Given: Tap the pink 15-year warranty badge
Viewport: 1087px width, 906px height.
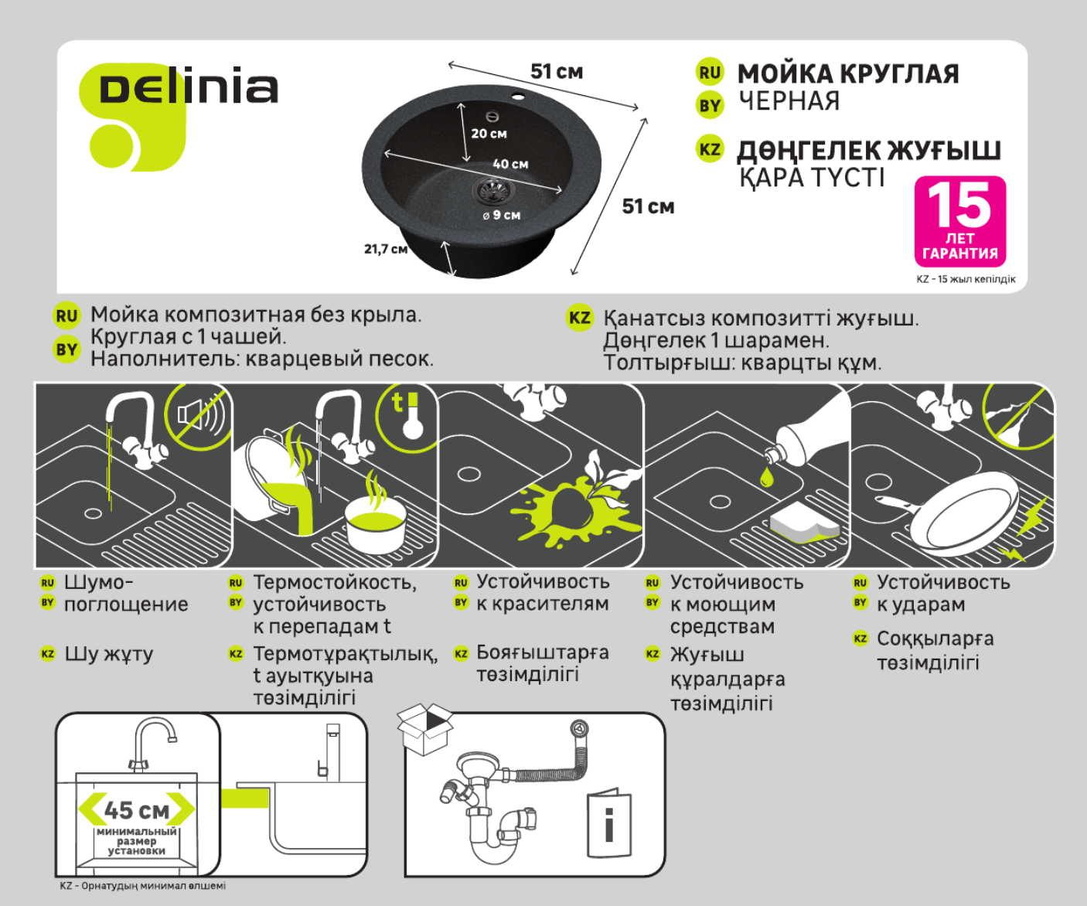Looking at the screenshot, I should coord(959,221).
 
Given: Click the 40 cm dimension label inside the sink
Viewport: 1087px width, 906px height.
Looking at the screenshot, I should coord(510,164).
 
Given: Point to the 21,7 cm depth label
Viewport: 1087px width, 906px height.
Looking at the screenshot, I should coord(385,249).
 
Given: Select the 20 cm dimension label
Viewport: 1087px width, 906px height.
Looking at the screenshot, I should coord(489,133).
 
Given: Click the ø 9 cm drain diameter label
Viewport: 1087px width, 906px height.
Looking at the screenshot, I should coord(502,215).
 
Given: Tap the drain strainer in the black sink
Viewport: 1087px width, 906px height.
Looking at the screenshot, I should coord(490,188).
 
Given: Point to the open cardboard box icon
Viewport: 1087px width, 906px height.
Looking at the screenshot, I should coord(424,727).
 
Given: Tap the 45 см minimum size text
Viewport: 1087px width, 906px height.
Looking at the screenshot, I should coord(137,809).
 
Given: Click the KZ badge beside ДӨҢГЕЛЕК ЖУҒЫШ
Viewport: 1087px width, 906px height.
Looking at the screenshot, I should coord(709,149).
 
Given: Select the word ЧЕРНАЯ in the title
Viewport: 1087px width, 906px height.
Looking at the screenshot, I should coord(789,101).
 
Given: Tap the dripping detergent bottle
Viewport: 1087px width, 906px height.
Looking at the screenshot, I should coord(804,437).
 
